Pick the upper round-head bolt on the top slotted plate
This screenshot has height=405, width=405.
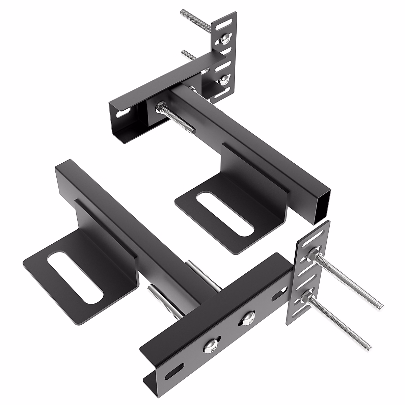(224, 40)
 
